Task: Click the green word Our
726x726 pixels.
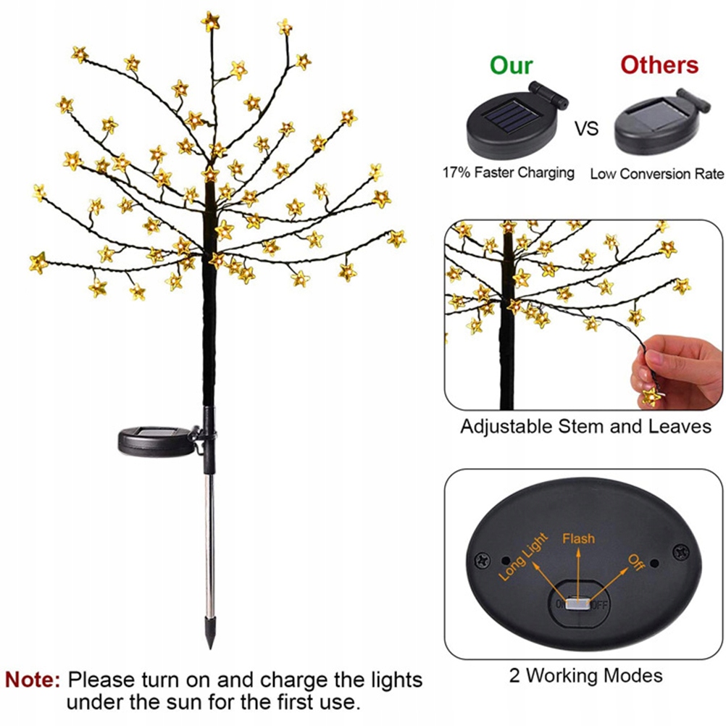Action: tap(511, 64)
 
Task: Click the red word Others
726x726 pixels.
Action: tap(659, 64)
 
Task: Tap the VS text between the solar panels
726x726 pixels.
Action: tap(587, 129)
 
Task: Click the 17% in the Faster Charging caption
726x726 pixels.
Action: tap(457, 173)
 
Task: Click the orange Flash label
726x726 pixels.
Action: tap(578, 538)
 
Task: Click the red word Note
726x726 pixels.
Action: tap(33, 680)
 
